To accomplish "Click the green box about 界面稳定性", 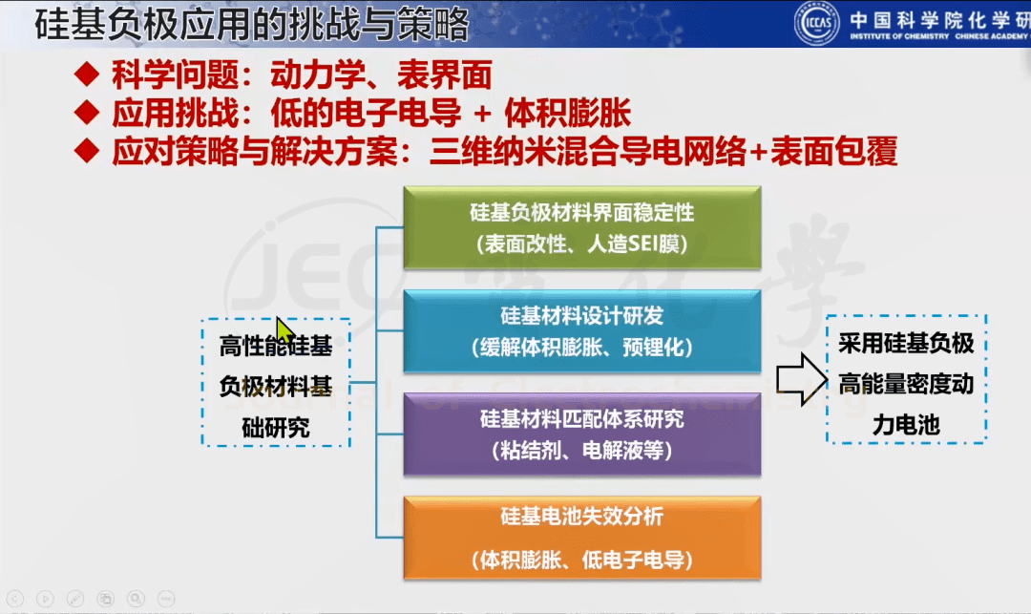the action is click(x=582, y=227).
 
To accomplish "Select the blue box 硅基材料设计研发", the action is click(x=582, y=331).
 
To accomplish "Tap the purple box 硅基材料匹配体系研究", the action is click(x=582, y=434).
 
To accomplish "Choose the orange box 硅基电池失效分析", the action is click(x=582, y=538).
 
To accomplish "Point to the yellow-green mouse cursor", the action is click(x=284, y=330).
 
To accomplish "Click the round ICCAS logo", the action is click(x=816, y=23).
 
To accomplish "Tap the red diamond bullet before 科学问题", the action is click(x=87, y=74).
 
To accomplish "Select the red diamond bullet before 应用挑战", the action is click(x=87, y=113).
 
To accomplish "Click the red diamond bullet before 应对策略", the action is click(x=87, y=151).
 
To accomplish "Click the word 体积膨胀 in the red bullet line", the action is click(x=568, y=113).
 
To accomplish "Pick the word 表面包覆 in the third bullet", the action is click(x=833, y=151).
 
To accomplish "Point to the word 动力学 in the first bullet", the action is click(x=318, y=74).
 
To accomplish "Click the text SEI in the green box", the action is click(x=643, y=244).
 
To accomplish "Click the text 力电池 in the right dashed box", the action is click(x=906, y=425).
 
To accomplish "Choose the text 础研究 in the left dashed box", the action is click(x=276, y=428).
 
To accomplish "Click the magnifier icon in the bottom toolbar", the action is click(x=137, y=598).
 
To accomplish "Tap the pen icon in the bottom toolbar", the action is click(x=75, y=598).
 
